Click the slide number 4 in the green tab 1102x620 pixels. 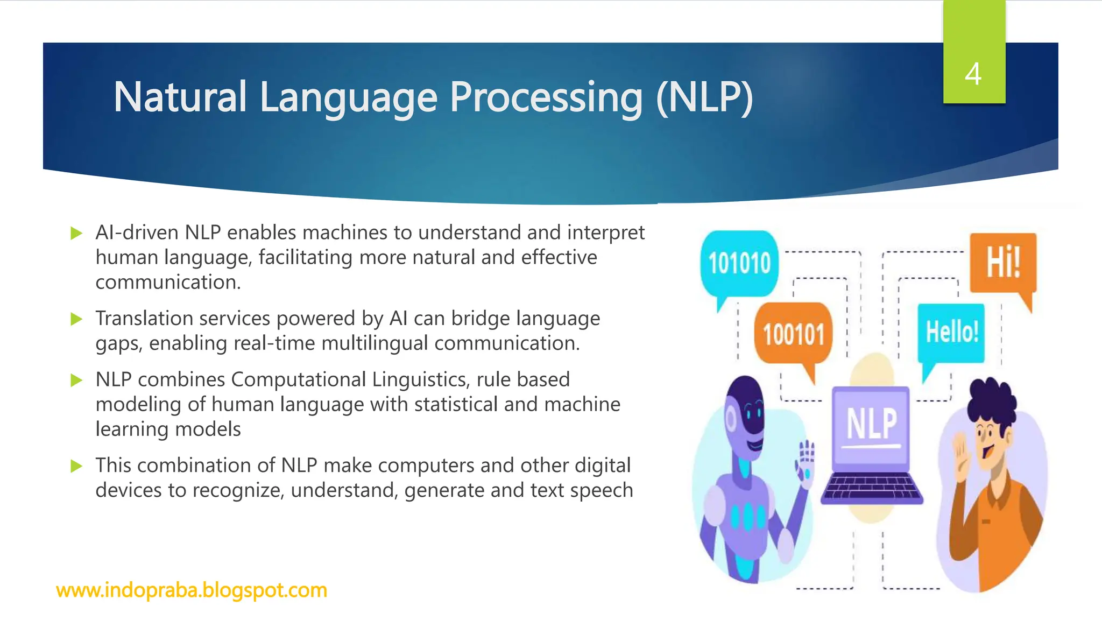tap(973, 74)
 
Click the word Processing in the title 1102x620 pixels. tap(546, 98)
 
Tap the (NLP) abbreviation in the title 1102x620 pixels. tap(704, 98)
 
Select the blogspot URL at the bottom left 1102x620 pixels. tap(192, 590)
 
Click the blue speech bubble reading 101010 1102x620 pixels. tap(739, 264)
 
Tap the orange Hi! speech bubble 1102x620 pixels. tap(1003, 263)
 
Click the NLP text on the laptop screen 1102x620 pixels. tap(872, 424)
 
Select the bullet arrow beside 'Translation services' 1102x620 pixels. tap(76, 319)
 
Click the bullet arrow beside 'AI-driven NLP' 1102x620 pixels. tap(76, 233)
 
